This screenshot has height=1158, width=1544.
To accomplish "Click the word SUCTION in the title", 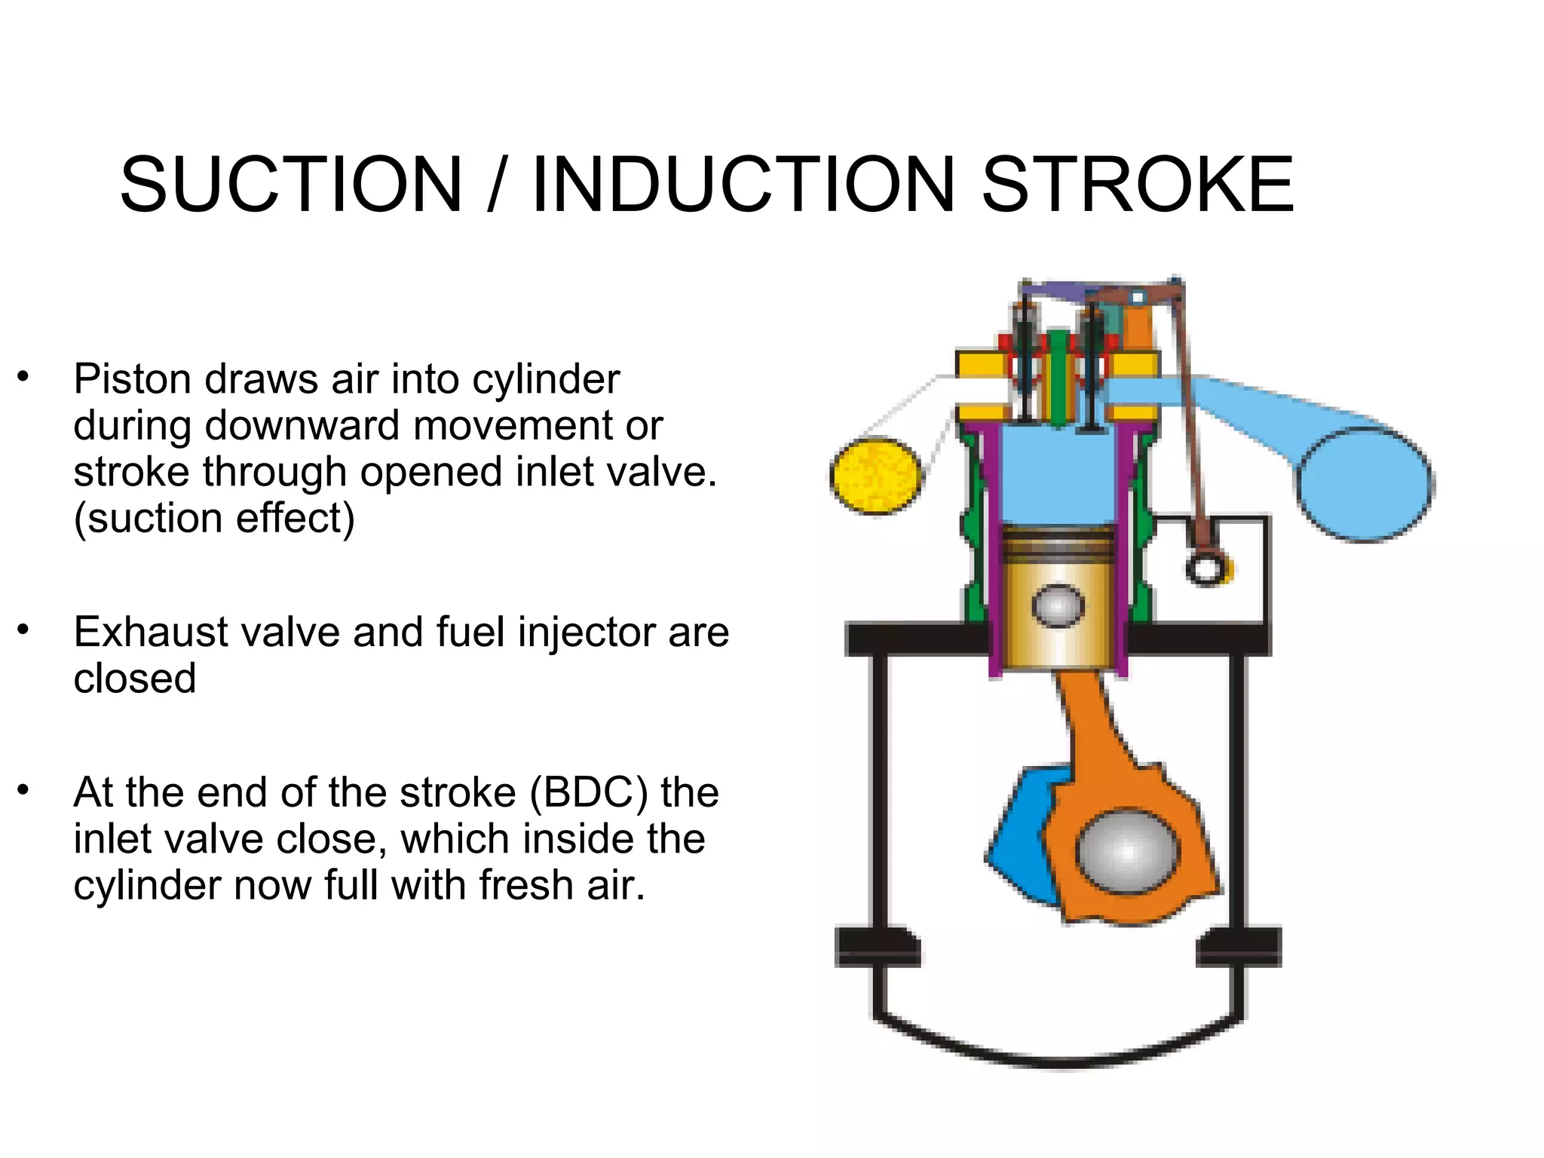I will pyautogui.click(x=291, y=185).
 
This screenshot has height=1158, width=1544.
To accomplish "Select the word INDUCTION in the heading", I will pyautogui.click(x=743, y=185).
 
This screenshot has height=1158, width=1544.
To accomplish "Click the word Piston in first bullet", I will pyautogui.click(x=133, y=379).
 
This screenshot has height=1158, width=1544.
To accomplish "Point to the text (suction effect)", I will pyautogui.click(x=214, y=519).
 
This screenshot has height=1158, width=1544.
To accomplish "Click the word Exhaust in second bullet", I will pyautogui.click(x=150, y=632).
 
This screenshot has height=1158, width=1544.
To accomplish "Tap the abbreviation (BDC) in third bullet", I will pyautogui.click(x=588, y=792).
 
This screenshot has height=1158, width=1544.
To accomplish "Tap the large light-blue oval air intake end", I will pyautogui.click(x=1365, y=482).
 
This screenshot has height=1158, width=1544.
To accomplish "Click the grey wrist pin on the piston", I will pyautogui.click(x=1058, y=605).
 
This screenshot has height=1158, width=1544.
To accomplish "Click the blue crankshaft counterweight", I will pyautogui.click(x=1018, y=837).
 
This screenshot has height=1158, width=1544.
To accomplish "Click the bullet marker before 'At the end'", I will pyautogui.click(x=23, y=790).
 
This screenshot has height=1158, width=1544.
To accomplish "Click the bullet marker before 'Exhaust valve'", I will pyautogui.click(x=23, y=630).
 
